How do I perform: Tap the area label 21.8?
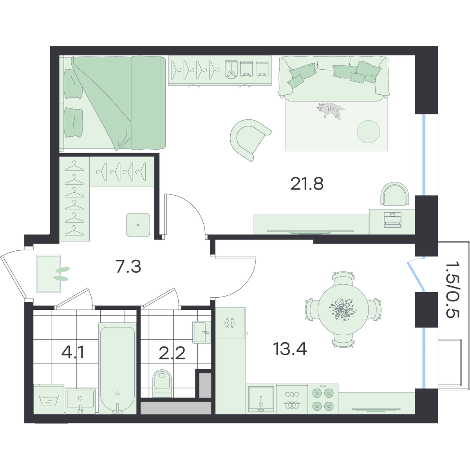click(307, 184)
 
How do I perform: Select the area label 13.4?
click(290, 349)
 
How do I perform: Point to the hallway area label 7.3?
click(128, 267)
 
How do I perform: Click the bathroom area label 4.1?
click(73, 352)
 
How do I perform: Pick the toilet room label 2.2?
click(172, 353)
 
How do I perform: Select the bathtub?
click(117, 368)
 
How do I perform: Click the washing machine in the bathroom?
click(49, 399)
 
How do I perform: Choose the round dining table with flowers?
click(343, 309)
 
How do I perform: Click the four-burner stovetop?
click(323, 399)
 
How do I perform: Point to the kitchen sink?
click(261, 399)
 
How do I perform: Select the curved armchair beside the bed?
click(249, 139)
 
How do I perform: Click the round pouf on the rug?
click(368, 132)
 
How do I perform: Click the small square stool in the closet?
click(138, 225)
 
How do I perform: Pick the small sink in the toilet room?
click(201, 332)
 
